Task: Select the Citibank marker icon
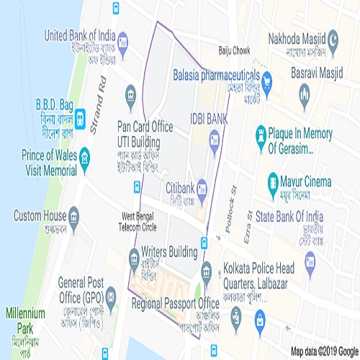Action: point(204,187)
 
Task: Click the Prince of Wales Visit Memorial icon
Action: point(84,156)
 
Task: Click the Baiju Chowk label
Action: point(233,50)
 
